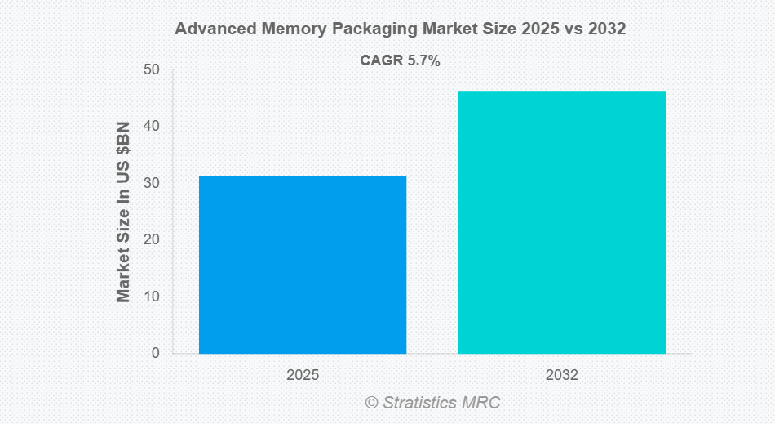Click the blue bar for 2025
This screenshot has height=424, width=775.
click(303, 265)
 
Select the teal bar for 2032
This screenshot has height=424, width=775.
click(561, 222)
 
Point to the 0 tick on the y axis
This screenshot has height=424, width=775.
click(154, 353)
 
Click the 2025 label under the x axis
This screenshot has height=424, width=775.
click(303, 376)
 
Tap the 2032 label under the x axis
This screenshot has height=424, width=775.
click(561, 376)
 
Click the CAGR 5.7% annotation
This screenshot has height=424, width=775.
click(400, 60)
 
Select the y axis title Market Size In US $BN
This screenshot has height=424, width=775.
click(123, 212)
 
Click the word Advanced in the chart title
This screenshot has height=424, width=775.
click(214, 29)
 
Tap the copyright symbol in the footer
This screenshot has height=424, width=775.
click(372, 403)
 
